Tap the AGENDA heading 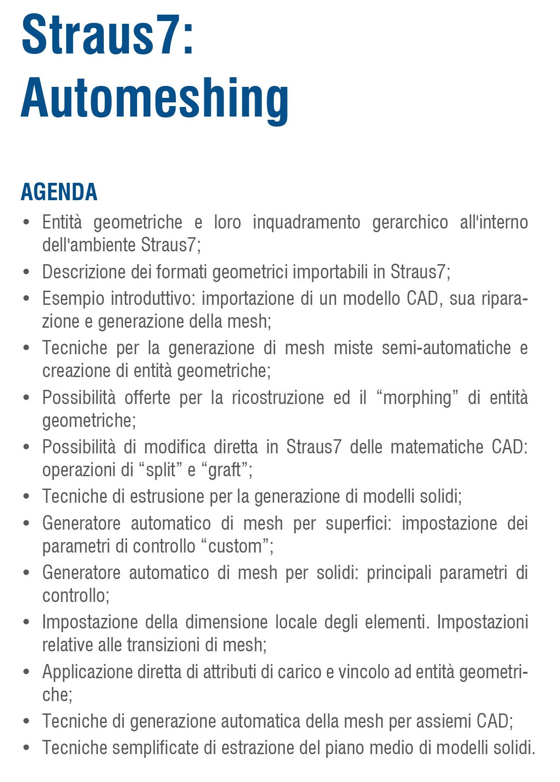(59, 192)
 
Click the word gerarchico (410, 223)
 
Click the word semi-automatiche (446, 348)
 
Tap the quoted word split (160, 470)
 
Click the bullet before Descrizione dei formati (27, 272)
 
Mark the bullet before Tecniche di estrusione (27, 496)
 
